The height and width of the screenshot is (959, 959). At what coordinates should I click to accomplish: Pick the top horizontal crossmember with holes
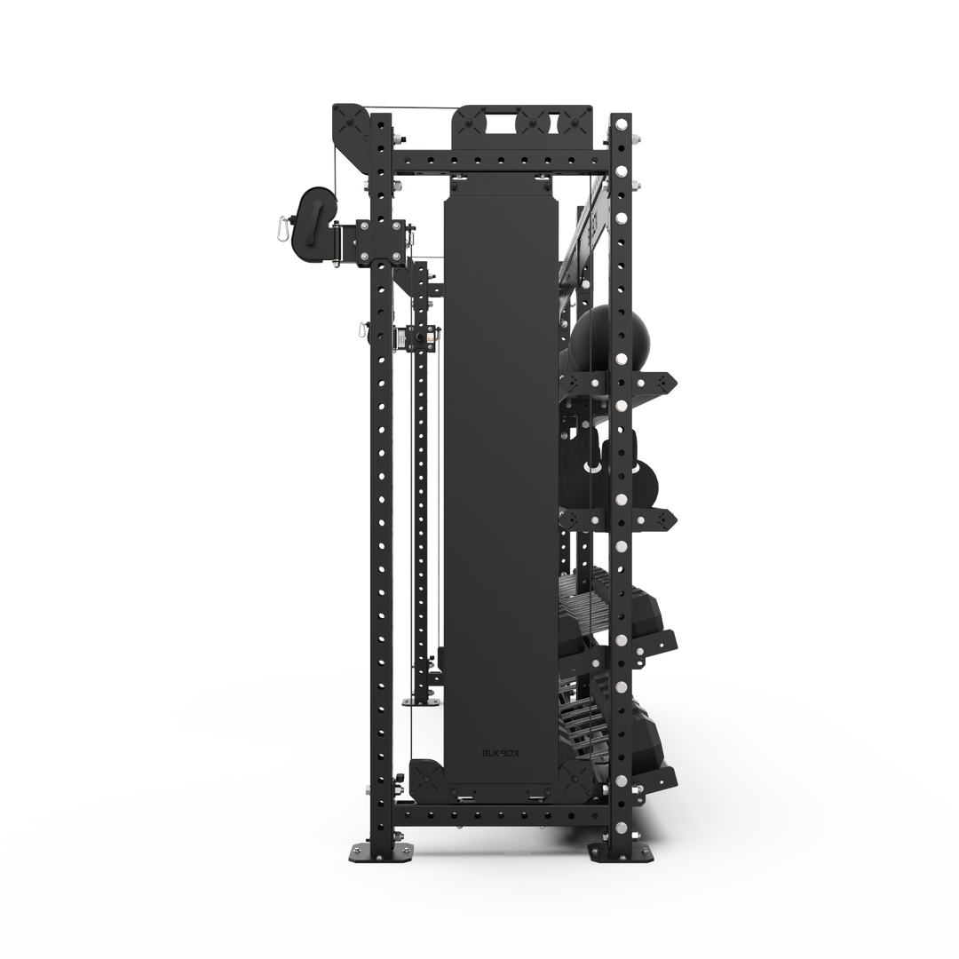point(497,162)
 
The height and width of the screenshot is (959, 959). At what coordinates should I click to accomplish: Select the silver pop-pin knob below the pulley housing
point(361,330)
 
